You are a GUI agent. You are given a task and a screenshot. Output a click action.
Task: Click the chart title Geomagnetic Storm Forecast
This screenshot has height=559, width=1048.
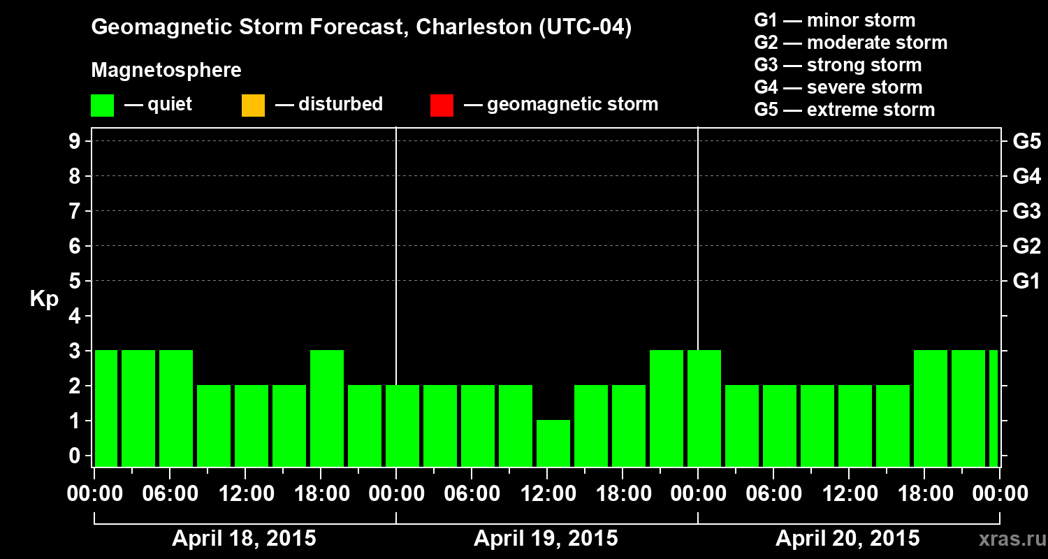(361, 28)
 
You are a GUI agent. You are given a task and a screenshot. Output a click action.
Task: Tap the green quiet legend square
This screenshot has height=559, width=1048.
(102, 106)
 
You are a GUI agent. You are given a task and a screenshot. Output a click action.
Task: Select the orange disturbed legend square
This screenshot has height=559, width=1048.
(253, 106)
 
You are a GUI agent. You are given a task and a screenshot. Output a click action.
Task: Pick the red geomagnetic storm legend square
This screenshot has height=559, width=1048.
(442, 106)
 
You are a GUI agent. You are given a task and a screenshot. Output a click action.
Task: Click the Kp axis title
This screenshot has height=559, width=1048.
(44, 299)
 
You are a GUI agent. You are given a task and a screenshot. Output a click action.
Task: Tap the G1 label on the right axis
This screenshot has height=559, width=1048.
(1026, 282)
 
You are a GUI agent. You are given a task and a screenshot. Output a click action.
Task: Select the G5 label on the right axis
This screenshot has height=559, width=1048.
(1026, 142)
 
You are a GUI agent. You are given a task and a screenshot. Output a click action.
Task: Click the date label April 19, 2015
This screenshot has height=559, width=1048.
(546, 539)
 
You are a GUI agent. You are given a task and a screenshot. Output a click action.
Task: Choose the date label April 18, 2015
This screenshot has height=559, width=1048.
(244, 539)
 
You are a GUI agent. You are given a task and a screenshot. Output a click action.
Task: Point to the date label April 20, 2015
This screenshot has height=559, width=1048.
(847, 539)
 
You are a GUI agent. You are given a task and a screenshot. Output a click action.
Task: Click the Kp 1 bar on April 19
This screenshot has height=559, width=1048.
(553, 443)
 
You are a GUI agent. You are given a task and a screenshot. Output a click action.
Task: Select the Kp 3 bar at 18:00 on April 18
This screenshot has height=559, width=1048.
(327, 408)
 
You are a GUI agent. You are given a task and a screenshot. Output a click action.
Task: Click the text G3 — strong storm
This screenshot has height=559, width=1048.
(838, 65)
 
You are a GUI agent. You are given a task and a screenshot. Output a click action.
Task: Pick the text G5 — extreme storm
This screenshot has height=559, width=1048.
(844, 110)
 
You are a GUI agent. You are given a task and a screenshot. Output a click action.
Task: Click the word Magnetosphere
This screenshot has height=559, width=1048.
(166, 71)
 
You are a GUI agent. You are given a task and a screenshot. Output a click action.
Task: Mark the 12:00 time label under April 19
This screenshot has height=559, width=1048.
(548, 494)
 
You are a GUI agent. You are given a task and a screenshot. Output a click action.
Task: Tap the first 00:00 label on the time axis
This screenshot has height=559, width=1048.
(94, 494)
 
